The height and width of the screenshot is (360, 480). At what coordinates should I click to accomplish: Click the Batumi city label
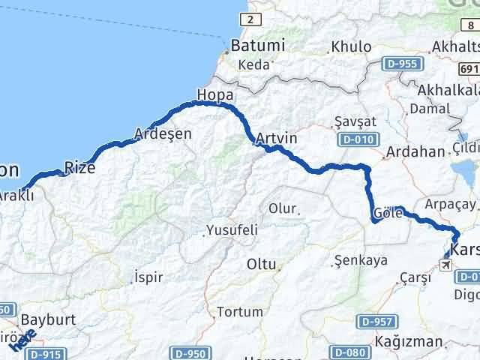pyautogui.click(x=259, y=46)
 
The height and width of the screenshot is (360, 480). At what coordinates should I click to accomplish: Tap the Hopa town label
pyautogui.click(x=215, y=95)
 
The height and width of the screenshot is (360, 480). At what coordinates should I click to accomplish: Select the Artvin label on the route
pyautogui.click(x=276, y=139)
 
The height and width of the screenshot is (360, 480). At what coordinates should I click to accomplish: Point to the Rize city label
pyautogui.click(x=79, y=167)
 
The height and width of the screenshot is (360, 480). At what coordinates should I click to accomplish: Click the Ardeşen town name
pyautogui.click(x=163, y=134)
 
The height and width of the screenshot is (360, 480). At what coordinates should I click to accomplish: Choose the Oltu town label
pyautogui.click(x=262, y=264)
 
